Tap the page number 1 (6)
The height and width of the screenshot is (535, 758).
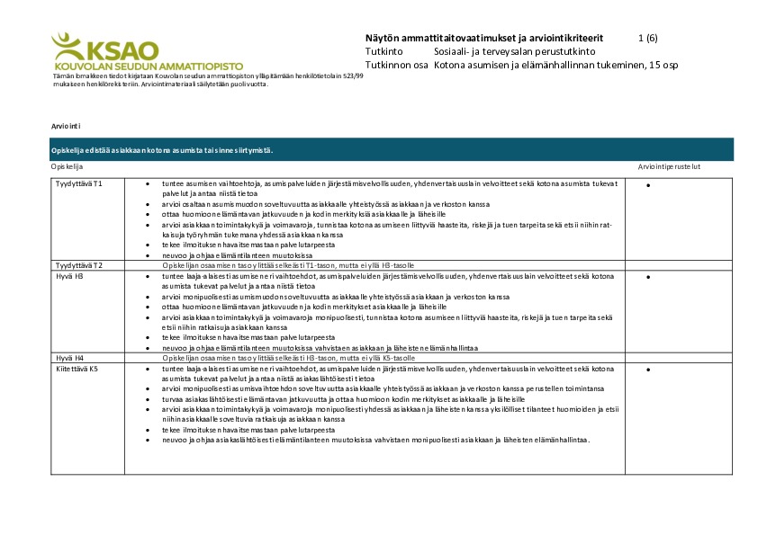646,39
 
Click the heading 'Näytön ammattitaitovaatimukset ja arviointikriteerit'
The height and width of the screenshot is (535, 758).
484,39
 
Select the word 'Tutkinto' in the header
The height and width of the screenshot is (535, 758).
384,52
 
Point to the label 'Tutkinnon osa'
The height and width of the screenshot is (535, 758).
397,66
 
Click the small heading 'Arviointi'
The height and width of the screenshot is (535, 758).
67,128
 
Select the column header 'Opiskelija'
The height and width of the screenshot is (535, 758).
67,167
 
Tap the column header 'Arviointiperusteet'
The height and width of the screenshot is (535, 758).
669,167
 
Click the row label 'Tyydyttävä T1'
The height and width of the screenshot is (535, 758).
79,183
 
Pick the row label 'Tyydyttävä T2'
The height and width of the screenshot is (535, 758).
79,266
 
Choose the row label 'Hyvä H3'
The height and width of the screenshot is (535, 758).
69,276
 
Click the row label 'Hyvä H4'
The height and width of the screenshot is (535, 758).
69,358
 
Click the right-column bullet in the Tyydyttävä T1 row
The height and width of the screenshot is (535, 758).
648,185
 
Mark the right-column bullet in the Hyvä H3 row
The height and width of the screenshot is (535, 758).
648,277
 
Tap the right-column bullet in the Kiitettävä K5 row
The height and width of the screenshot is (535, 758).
648,370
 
